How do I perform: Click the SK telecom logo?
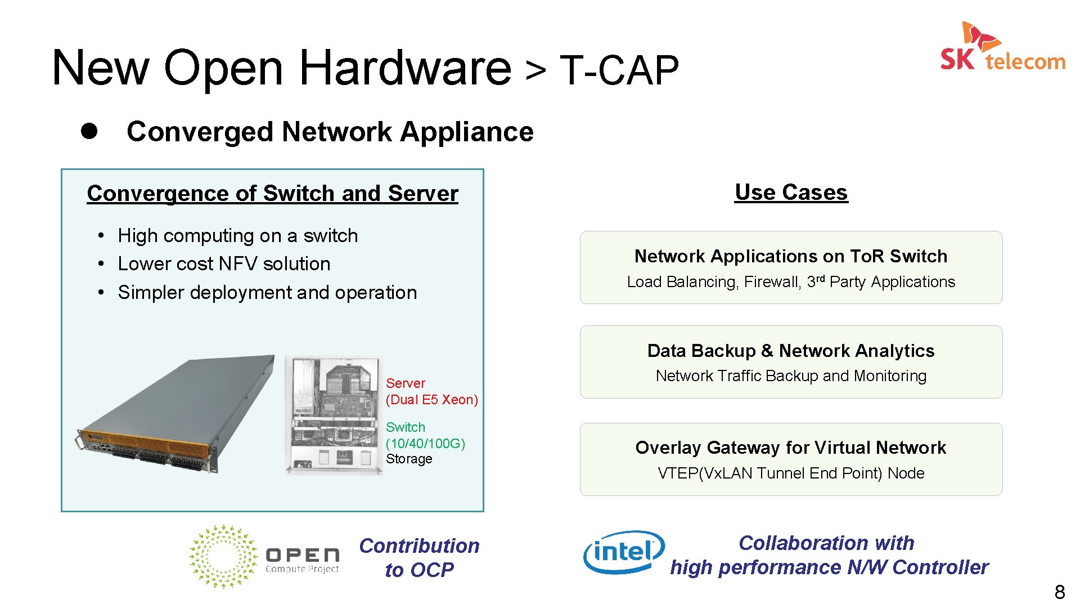[1002, 48]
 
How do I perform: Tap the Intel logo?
[623, 552]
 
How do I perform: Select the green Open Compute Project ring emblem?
[223, 556]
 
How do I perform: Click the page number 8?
[1059, 592]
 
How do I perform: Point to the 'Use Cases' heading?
[791, 193]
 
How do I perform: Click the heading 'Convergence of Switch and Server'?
[272, 194]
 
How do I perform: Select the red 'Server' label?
[405, 383]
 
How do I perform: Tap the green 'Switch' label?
[405, 427]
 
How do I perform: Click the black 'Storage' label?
[409, 459]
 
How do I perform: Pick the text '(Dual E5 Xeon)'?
[431, 400]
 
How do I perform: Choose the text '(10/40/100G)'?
[425, 444]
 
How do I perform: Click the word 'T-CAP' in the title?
[619, 71]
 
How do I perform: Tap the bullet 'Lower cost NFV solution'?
[224, 264]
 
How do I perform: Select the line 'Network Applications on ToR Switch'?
[791, 256]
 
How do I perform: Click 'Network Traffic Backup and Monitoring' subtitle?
[791, 376]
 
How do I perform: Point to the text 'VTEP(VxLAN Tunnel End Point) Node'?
[791, 473]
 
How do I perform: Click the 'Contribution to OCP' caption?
[419, 557]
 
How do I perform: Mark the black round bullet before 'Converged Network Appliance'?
[89, 131]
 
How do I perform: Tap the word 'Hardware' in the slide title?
[405, 68]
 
